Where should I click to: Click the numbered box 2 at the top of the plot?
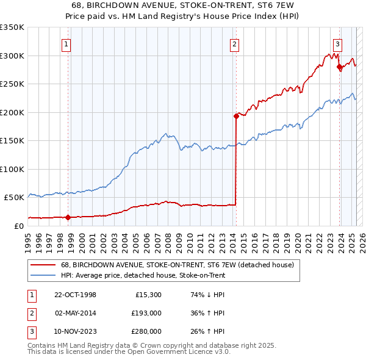234,43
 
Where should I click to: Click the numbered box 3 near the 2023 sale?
337,43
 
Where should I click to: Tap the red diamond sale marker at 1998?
68,217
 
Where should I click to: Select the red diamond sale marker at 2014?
235,115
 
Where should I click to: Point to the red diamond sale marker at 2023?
339,67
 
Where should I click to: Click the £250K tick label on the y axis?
12,84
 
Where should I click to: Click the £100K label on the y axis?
12,169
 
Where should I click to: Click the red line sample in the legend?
43,265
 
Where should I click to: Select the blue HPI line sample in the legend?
43,275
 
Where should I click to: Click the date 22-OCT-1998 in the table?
75,295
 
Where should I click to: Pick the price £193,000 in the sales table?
146,313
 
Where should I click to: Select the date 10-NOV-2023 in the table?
76,331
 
